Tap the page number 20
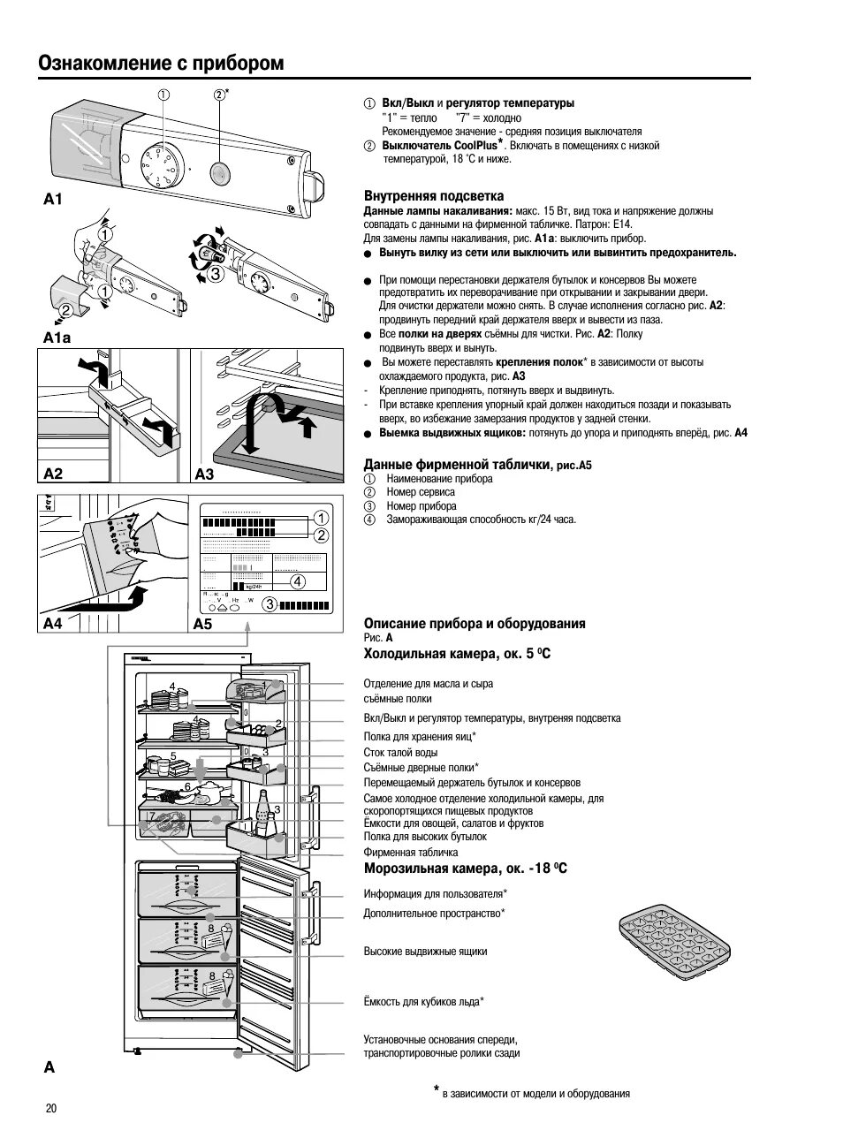point(50,1109)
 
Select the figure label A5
point(203,624)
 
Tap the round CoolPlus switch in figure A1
point(220,170)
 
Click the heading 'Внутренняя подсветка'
point(434,196)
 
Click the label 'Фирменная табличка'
point(410,853)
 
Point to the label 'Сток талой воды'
point(400,753)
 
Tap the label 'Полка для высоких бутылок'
point(425,837)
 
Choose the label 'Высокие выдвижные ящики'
point(425,952)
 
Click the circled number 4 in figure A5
point(298,581)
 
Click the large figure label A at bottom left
point(49,1066)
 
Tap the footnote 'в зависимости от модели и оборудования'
point(535,1094)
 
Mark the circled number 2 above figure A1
point(219,95)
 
